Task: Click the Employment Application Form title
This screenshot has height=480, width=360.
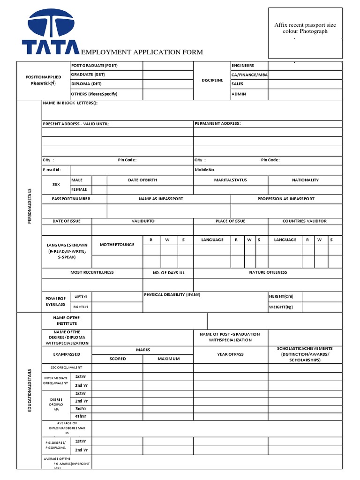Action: [142, 52]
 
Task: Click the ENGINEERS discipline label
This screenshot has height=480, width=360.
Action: [243, 66]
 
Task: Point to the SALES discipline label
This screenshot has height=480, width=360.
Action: [237, 84]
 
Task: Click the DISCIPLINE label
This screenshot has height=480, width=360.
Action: [212, 80]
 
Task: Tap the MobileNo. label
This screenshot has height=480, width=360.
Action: [205, 170]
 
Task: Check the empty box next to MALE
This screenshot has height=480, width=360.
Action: [99, 180]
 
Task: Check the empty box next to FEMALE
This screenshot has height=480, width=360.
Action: [99, 190]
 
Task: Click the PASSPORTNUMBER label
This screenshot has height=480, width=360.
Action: [71, 199]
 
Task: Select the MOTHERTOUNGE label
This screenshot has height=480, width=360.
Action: [117, 245]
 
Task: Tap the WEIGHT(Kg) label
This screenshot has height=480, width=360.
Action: [280, 307]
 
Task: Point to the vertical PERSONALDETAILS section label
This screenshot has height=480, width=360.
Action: [30, 206]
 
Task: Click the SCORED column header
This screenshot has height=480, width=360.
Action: [118, 359]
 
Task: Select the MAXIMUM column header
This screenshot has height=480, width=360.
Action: [168, 359]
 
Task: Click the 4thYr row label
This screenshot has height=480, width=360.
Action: [81, 416]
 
